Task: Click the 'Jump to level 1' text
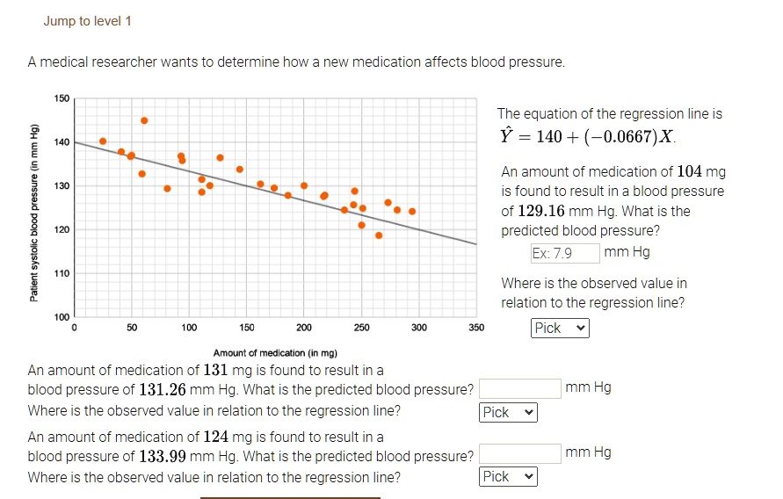pos(87,21)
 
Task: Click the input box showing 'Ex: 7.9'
pos(565,253)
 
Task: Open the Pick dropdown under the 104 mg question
pos(560,328)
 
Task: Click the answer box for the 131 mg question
pos(519,388)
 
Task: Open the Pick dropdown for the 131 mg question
pos(508,412)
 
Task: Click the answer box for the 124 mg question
pos(519,453)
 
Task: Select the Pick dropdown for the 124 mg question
pos(508,476)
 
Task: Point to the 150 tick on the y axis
pos(62,98)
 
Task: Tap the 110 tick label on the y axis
pos(62,273)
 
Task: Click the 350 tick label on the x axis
pos(476,328)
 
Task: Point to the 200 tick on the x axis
pos(304,328)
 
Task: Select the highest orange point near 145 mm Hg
pos(144,120)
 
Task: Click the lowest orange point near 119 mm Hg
pos(379,235)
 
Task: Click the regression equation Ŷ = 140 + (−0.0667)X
pos(586,138)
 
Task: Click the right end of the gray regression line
pos(475,243)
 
